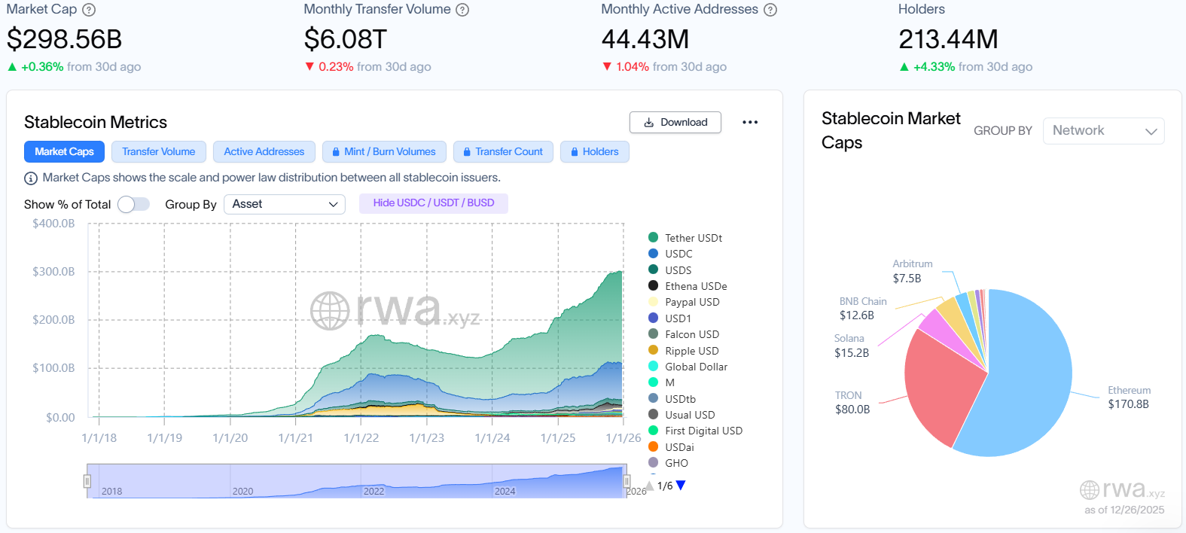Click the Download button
pos(675,122)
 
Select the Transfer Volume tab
pos(158,151)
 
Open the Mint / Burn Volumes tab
pos(384,151)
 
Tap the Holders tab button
pos(594,151)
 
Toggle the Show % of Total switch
pos(133,204)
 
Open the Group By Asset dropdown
pos(284,204)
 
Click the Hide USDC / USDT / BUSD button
pos(433,203)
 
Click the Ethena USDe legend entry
pos(695,286)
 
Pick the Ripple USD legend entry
pos(691,351)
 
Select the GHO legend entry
pos(675,463)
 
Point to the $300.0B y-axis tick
pos(53,272)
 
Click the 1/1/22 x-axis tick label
pos(361,438)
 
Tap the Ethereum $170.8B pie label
pos(1128,397)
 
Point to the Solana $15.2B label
pos(851,346)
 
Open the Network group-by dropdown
pos(1103,131)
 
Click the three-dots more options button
pos(750,122)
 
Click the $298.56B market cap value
pos(64,39)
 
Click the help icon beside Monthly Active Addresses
pos(770,10)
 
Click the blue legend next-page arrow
pos(681,486)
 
